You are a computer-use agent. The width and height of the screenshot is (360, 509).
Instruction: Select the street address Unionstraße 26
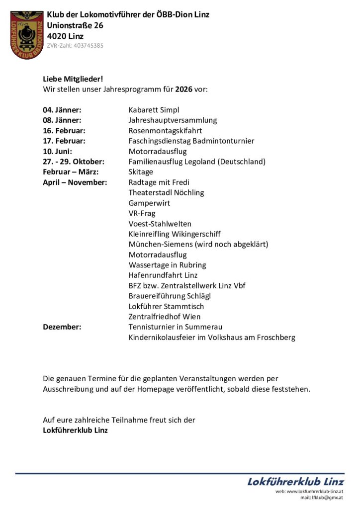click(75, 25)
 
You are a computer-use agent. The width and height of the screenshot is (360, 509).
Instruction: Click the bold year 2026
click(183, 89)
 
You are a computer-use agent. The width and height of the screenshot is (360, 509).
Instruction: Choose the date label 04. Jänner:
click(62, 110)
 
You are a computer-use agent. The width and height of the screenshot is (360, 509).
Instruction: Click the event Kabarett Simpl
click(154, 110)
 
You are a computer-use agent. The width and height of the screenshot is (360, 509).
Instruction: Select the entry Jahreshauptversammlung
click(173, 120)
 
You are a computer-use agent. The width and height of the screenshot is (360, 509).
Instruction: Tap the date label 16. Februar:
click(64, 131)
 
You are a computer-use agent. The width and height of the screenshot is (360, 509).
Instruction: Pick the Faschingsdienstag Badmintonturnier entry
click(191, 141)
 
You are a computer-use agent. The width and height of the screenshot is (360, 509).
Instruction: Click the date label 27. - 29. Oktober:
click(73, 162)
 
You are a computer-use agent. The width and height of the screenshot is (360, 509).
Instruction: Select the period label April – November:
click(75, 182)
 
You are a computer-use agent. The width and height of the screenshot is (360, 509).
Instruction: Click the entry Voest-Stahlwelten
click(160, 224)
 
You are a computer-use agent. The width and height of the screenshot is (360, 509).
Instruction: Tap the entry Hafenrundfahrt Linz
click(163, 275)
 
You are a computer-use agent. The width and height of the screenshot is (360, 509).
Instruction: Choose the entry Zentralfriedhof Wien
click(165, 317)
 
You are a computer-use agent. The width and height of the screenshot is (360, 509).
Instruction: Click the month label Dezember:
click(62, 327)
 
